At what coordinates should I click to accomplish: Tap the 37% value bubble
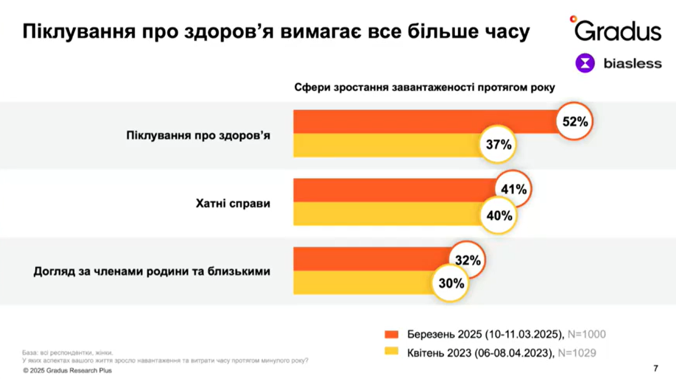tap(499, 145)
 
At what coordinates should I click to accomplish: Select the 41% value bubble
tap(513, 189)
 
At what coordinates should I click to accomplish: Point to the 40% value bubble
tap(499, 214)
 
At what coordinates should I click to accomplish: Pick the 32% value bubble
tap(468, 260)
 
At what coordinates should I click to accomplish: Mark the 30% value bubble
tap(450, 283)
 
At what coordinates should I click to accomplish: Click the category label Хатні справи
tap(233, 203)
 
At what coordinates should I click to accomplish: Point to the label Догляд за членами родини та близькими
tap(152, 271)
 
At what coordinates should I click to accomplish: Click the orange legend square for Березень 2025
tap(391, 334)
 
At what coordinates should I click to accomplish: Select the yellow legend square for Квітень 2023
tap(391, 352)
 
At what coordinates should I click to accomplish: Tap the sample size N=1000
tap(587, 334)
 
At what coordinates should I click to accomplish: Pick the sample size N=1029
tap(577, 353)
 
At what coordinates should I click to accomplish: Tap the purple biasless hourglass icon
tap(585, 63)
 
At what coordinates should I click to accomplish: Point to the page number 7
tap(655, 369)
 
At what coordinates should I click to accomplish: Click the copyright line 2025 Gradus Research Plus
tap(67, 371)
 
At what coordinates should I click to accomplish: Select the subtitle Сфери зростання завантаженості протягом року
tap(425, 87)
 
